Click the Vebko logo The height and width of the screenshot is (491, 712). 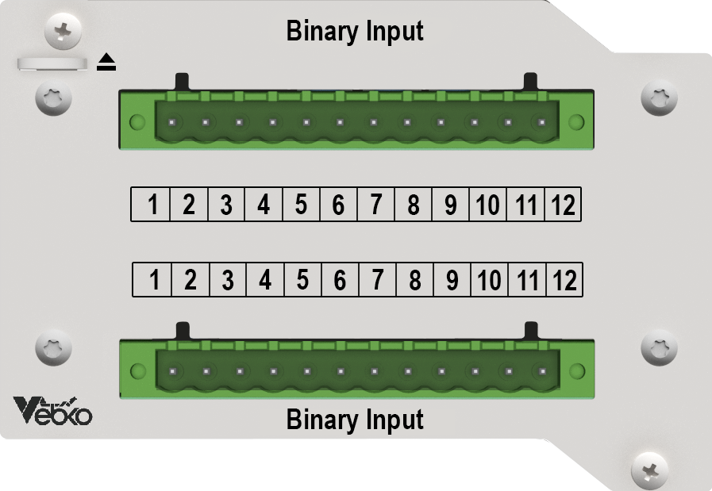click(x=52, y=411)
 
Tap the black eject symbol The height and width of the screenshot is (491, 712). click(x=106, y=62)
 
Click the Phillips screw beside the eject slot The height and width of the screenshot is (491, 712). click(x=64, y=31)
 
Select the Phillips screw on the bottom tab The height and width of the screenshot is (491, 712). click(x=650, y=470)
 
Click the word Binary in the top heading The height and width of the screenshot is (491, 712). click(x=322, y=31)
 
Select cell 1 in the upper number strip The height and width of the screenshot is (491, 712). click(x=151, y=204)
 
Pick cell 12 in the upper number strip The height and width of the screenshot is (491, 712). click(x=563, y=204)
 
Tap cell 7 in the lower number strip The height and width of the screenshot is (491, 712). click(x=377, y=279)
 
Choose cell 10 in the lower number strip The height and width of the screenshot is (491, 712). click(x=490, y=279)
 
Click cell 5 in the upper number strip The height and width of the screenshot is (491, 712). click(x=301, y=204)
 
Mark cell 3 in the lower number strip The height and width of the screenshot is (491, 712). click(x=228, y=279)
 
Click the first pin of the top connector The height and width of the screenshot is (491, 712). click(x=172, y=122)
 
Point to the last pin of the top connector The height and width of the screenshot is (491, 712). click(x=541, y=122)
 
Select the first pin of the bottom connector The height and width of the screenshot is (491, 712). click(x=172, y=371)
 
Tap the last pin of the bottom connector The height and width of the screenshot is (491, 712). click(x=542, y=371)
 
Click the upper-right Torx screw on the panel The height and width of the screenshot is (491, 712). click(x=659, y=98)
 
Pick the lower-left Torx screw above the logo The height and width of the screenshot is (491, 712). click(x=54, y=347)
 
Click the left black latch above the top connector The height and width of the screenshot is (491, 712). click(x=182, y=82)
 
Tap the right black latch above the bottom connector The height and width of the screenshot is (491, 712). click(x=531, y=331)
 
